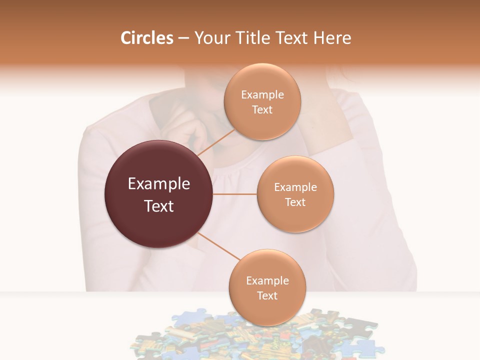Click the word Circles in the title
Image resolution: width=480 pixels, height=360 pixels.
[x=146, y=38]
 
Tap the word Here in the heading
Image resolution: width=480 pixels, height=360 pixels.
[x=332, y=38]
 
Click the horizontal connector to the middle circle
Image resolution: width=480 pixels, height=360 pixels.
[x=235, y=194]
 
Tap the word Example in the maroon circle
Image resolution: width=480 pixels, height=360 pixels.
[x=158, y=184]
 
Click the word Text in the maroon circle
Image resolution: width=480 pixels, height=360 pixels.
[x=158, y=206]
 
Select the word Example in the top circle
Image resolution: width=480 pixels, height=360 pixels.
[x=262, y=95]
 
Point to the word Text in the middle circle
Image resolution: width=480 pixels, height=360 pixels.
[x=295, y=202]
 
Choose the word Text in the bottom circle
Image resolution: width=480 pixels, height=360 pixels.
[x=267, y=296]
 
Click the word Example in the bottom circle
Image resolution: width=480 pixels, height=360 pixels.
[x=267, y=281]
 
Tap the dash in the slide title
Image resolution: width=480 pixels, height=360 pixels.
[x=183, y=38]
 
